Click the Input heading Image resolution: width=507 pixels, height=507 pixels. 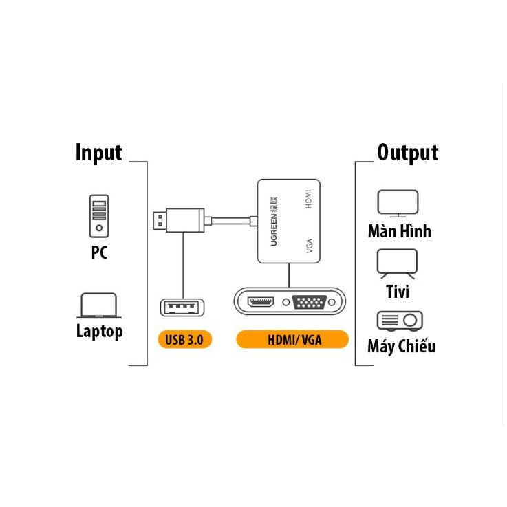click(98, 153)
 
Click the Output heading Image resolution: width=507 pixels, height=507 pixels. click(407, 153)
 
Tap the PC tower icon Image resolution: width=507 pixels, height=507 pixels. click(99, 216)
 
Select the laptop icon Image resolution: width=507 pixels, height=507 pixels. click(99, 305)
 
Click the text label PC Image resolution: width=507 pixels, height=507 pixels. click(99, 253)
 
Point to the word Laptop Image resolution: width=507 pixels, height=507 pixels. click(99, 332)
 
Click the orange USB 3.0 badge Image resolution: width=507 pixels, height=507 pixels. click(184, 339)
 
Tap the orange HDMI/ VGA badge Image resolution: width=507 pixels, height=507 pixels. click(292, 339)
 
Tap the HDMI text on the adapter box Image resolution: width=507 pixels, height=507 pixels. click(310, 199)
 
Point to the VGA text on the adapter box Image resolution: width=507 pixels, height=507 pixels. click(310, 246)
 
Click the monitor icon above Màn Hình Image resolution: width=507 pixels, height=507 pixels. click(398, 203)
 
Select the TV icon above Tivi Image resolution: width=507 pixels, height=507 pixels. click(398, 264)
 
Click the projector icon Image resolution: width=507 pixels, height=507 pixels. click(400, 321)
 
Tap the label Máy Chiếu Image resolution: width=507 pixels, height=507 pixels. click(401, 346)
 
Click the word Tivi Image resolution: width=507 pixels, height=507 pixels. click(398, 292)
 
